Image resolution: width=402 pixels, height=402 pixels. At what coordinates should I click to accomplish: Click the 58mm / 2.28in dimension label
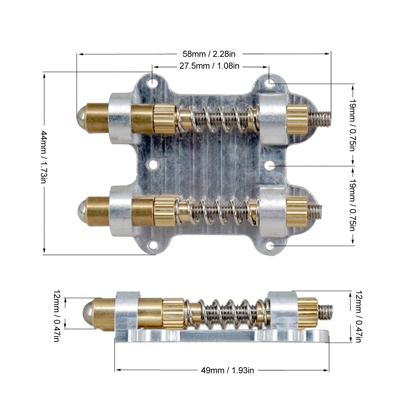[209, 54]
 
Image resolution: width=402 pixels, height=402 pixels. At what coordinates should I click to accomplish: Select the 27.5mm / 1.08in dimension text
[209, 66]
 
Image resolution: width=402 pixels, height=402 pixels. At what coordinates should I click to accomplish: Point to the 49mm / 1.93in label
[227, 370]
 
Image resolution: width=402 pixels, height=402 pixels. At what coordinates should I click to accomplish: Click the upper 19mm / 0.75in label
[352, 125]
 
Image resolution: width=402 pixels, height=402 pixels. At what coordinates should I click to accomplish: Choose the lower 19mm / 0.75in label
[352, 205]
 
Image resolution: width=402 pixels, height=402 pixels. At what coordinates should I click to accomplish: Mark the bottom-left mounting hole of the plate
[152, 245]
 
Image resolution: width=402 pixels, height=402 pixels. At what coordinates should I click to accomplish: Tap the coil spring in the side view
[226, 313]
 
